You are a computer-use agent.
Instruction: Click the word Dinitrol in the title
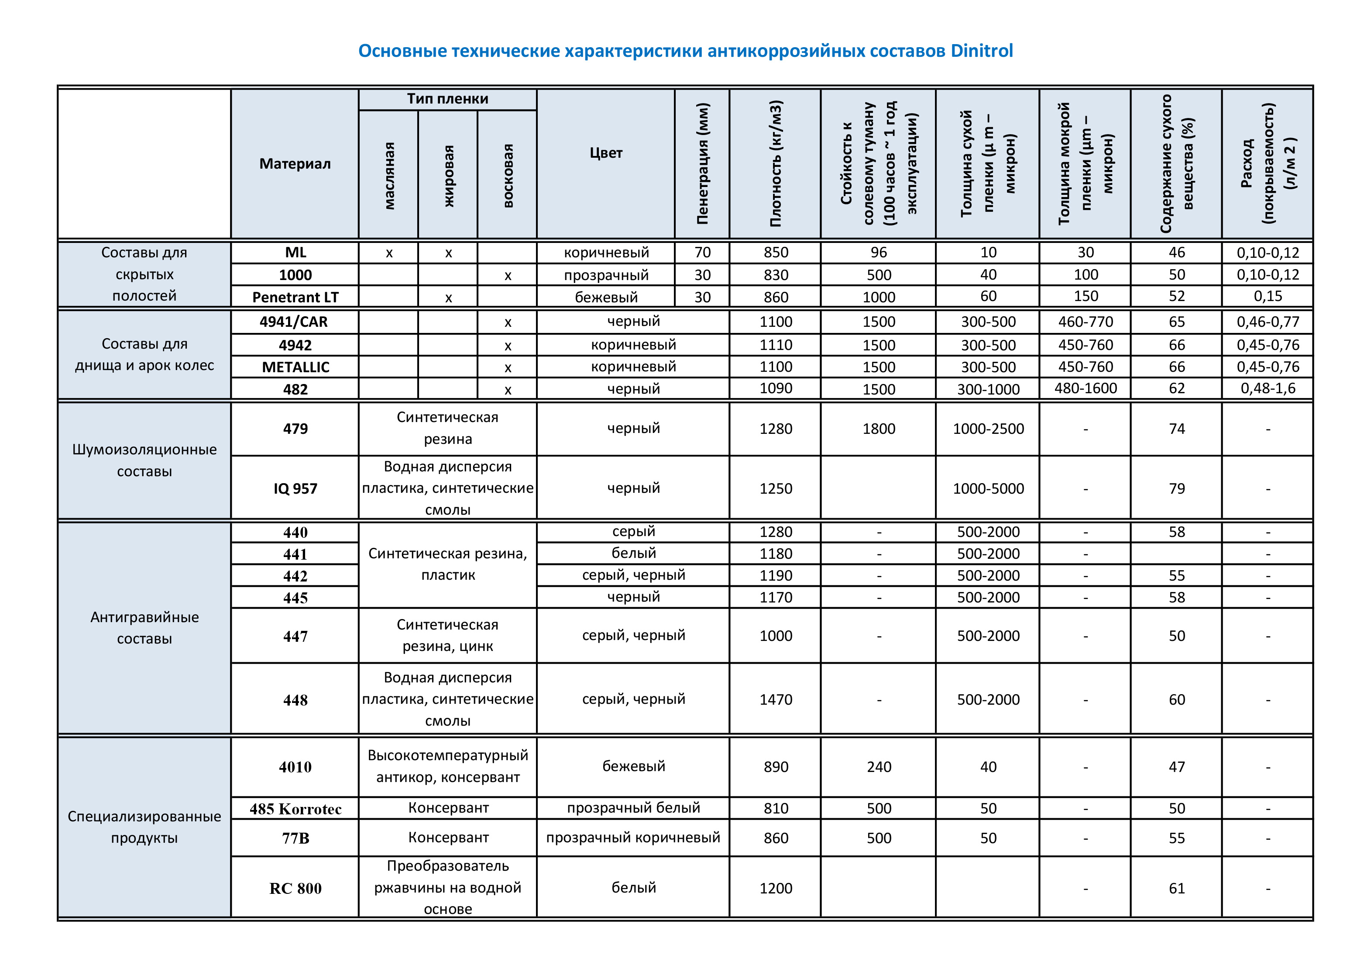pos(981,51)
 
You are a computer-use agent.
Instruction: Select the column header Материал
pos(295,164)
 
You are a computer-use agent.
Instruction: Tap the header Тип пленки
pos(447,99)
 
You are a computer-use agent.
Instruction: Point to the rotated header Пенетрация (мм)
pos(702,164)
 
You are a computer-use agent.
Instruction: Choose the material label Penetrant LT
pos(295,297)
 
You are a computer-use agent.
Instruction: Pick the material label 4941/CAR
pos(294,322)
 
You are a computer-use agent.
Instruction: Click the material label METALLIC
pos(296,367)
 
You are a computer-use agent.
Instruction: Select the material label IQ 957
pos(295,489)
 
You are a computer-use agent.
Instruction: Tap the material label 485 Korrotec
pos(295,809)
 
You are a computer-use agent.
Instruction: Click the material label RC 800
pos(295,889)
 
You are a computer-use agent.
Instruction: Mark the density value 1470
pos(776,700)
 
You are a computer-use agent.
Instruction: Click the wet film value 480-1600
pos(1085,388)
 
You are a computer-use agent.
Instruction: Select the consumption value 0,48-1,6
pos(1268,388)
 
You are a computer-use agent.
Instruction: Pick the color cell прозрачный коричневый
pos(633,838)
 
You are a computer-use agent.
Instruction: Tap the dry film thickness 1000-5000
pos(988,489)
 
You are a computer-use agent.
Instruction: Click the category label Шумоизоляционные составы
pos(144,460)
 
